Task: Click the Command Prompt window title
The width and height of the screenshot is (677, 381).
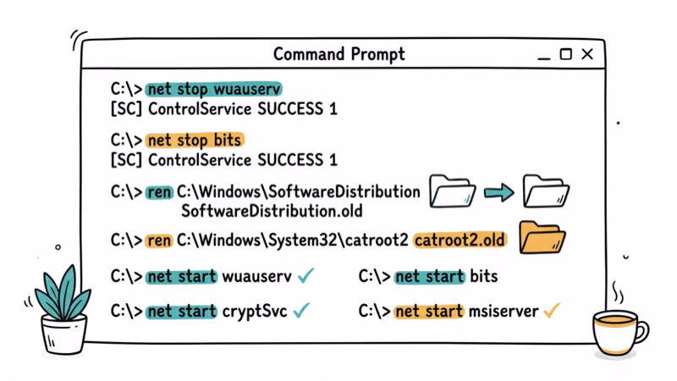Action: pos(338,54)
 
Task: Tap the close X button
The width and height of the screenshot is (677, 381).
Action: pos(587,54)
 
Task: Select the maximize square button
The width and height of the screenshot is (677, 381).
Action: pos(566,54)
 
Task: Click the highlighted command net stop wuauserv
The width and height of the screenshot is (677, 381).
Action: pos(213,89)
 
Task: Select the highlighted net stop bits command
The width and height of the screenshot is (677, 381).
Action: pos(195,140)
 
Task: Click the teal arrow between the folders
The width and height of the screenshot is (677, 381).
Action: pos(498,193)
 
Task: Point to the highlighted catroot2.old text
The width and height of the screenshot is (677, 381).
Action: pos(460,240)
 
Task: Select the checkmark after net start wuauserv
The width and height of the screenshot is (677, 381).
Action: pos(305,276)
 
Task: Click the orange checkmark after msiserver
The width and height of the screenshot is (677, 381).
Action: pos(552,311)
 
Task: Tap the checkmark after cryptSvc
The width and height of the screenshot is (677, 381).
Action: pos(301,311)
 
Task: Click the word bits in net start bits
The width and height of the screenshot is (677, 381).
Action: pos(483,276)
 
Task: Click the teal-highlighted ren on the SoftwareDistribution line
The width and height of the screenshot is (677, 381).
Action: pos(158,192)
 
